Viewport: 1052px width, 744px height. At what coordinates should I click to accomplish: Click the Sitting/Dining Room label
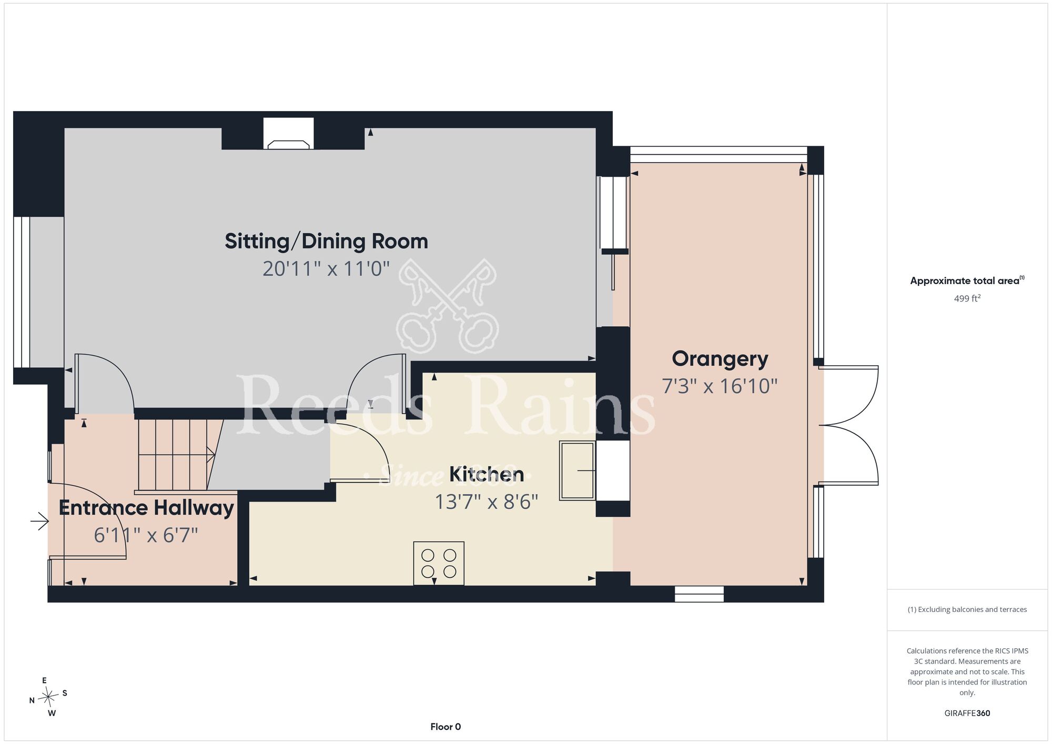326,242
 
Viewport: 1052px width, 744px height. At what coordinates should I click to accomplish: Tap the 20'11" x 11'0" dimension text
326,269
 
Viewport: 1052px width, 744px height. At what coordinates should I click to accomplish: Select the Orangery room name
720,359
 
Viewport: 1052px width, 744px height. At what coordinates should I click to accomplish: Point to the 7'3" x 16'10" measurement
720,386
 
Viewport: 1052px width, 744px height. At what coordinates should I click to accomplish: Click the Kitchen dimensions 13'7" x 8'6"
487,502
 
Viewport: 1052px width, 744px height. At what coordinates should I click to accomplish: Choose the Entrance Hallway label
146,508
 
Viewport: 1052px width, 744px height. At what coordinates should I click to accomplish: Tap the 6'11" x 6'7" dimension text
146,536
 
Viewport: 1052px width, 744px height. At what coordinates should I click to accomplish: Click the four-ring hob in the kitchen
439,563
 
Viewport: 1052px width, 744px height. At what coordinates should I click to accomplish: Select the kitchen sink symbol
577,470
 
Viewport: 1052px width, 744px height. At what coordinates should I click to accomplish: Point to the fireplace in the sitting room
289,134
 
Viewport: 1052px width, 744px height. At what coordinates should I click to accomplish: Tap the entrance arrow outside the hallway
39,522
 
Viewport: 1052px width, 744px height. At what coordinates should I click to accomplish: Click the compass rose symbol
48,697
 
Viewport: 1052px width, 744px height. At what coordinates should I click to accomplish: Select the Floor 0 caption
446,727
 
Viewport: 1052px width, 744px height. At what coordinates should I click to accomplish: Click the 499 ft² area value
967,298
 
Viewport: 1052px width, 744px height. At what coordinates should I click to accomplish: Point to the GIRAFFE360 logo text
967,713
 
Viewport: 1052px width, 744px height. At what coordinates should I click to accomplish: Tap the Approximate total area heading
967,280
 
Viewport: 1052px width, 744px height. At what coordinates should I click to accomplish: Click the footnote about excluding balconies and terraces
967,609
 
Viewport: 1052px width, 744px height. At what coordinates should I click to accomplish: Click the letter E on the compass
44,680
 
